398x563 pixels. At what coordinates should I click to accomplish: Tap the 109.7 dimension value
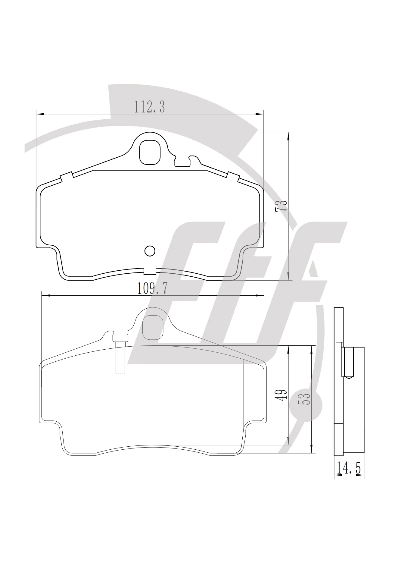(152, 288)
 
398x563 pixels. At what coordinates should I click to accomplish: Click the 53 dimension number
(305, 399)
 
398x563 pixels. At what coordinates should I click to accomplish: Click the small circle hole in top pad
(150, 251)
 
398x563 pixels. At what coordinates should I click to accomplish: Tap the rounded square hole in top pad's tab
(150, 152)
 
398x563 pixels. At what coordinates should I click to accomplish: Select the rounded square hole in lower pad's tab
(152, 327)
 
